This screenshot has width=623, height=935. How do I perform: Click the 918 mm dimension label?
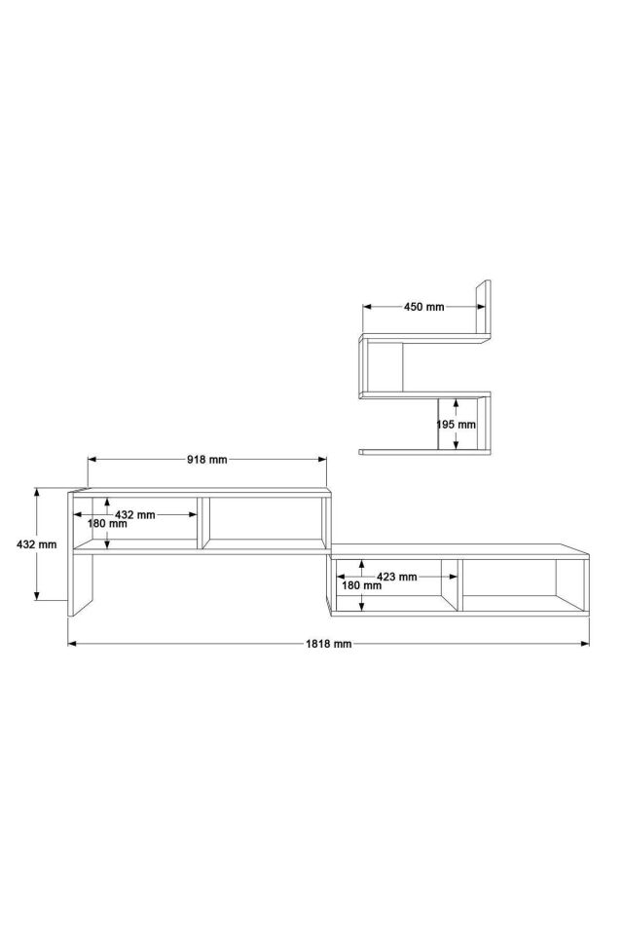(207, 460)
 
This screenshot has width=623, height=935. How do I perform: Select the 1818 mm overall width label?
(328, 644)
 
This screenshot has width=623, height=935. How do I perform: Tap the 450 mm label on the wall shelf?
(423, 307)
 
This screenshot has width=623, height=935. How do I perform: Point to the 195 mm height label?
(456, 425)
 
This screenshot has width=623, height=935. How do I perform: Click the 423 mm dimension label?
(396, 577)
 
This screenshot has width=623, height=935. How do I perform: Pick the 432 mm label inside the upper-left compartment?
(135, 513)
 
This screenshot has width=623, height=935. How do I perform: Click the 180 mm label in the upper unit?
(107, 524)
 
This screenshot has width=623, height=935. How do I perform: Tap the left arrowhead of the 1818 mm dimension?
(71, 644)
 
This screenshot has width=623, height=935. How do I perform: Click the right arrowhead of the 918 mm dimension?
(323, 460)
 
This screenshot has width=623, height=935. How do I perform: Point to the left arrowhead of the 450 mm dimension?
(367, 307)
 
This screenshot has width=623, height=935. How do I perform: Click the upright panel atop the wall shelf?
(484, 306)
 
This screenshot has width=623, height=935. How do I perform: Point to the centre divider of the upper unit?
(202, 523)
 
